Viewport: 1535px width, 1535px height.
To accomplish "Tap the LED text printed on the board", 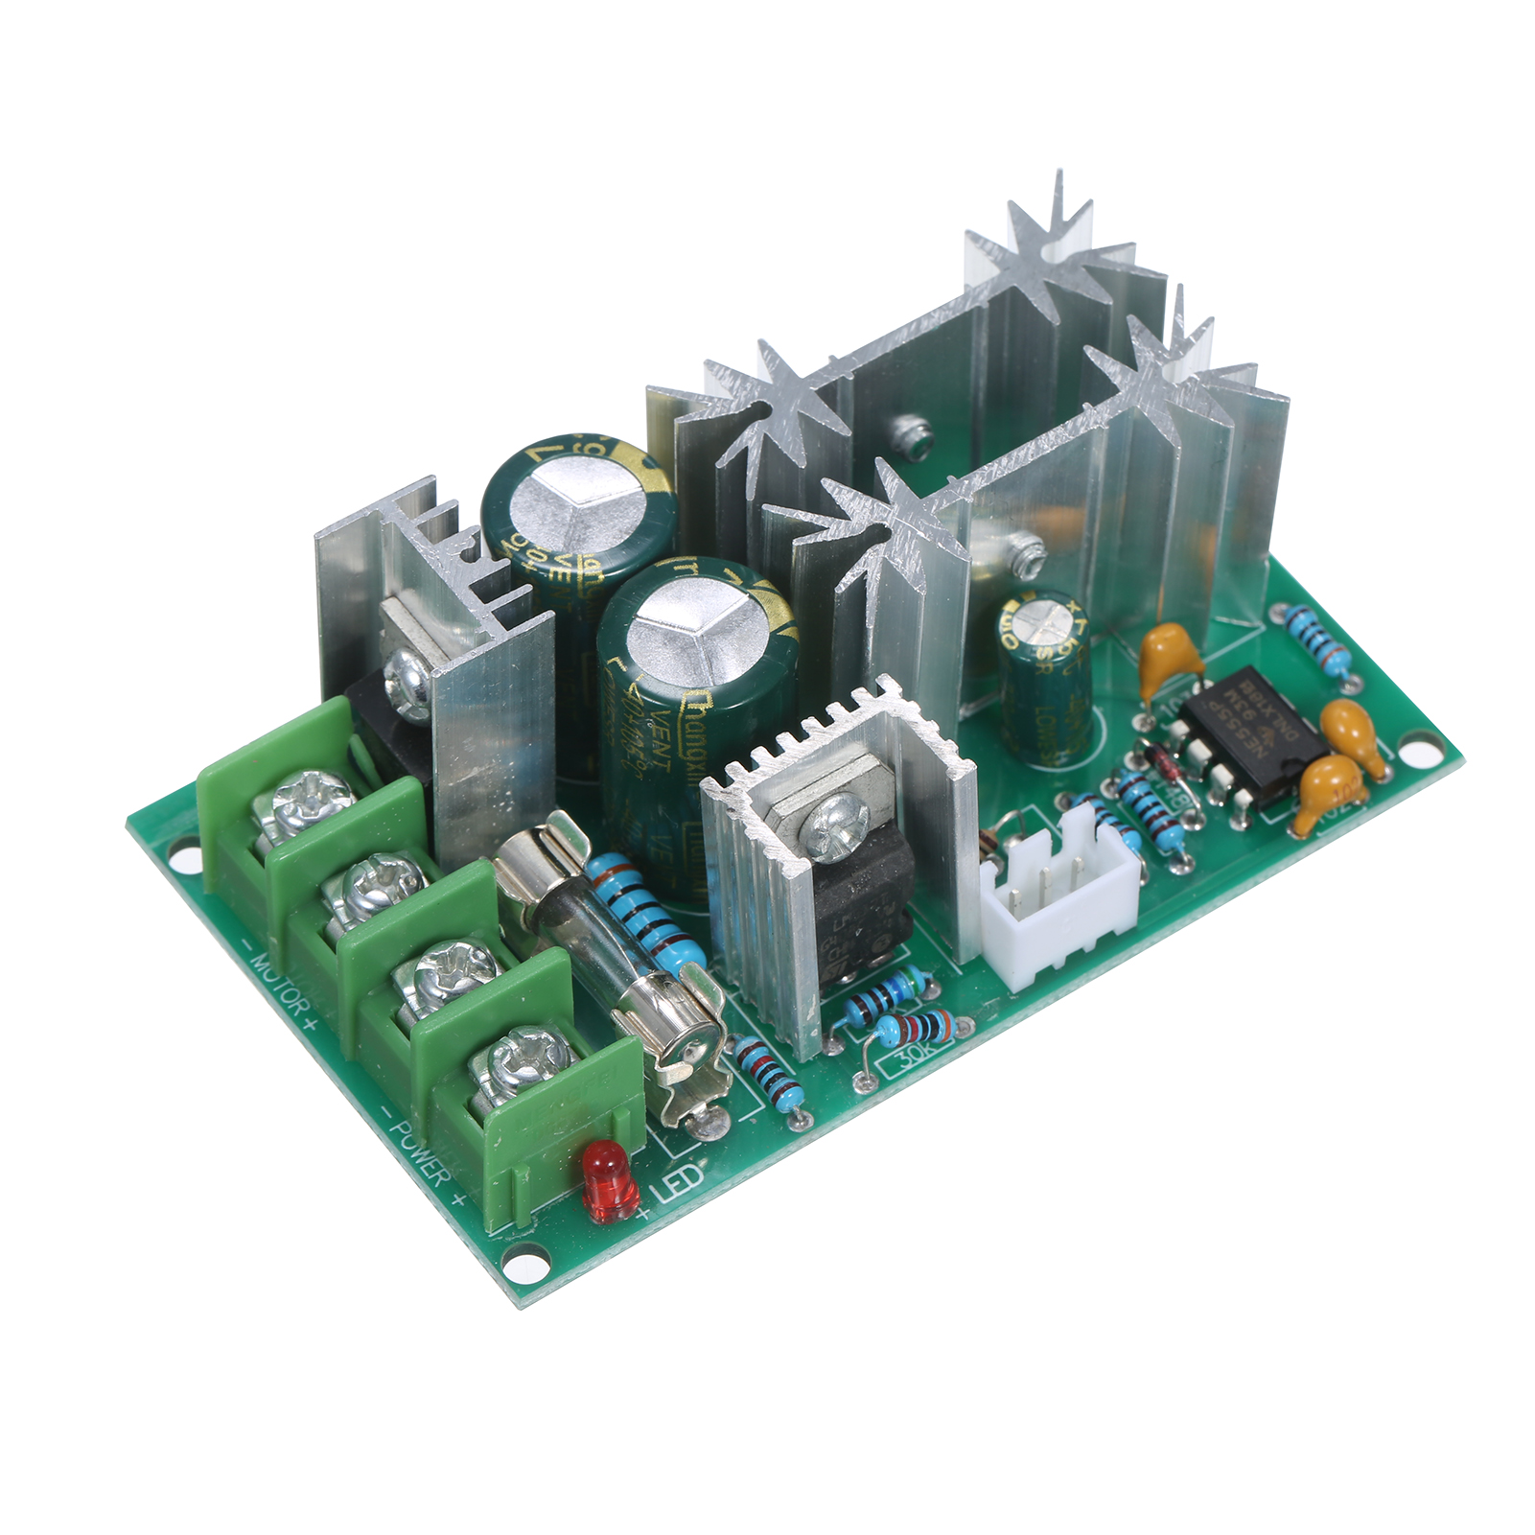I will tap(680, 1182).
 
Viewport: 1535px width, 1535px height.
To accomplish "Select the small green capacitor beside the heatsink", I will tap(1044, 677).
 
